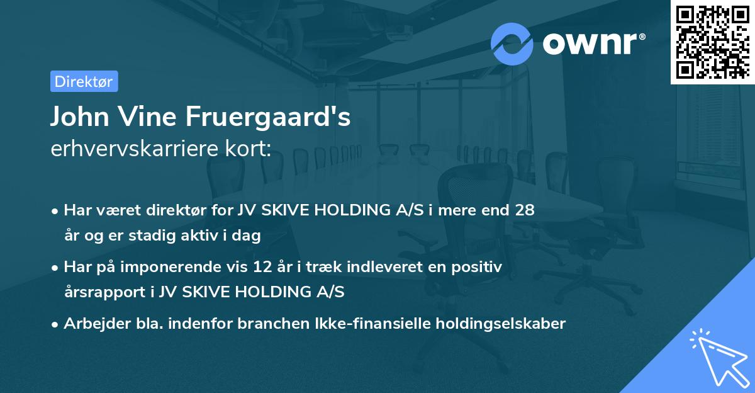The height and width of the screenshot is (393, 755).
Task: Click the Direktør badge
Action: pyautogui.click(x=84, y=81)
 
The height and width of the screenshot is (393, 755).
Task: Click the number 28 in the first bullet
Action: pyautogui.click(x=525, y=210)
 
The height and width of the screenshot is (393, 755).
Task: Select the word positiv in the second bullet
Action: pyautogui.click(x=479, y=267)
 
